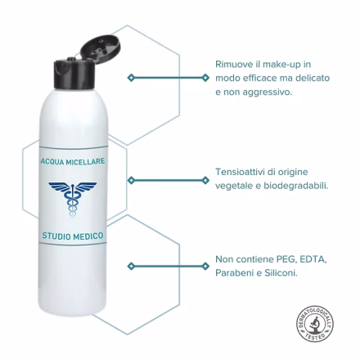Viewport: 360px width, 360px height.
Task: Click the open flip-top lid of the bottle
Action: (101, 48)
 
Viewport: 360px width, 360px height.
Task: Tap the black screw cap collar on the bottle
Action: (74, 74)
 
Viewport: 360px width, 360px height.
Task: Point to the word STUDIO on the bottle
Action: (56, 236)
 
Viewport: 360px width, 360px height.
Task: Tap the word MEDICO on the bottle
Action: (88, 236)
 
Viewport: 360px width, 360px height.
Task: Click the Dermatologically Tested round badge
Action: (315, 323)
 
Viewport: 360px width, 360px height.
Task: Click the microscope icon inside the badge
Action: (315, 324)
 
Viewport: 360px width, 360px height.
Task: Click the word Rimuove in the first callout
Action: (231, 65)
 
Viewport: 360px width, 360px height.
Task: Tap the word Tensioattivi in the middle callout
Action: (236, 172)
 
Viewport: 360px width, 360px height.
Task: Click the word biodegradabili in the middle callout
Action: (296, 186)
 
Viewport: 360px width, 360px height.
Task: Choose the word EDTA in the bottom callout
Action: (313, 259)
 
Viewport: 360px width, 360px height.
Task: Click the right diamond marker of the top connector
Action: (205, 78)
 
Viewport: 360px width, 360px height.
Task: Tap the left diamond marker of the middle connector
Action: (131, 180)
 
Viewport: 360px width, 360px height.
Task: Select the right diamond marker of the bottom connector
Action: (205, 266)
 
